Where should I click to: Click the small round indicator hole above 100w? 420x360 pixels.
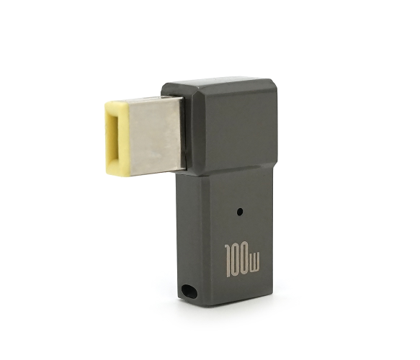[x=240, y=212]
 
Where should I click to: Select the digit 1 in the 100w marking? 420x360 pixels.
[x=229, y=260]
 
